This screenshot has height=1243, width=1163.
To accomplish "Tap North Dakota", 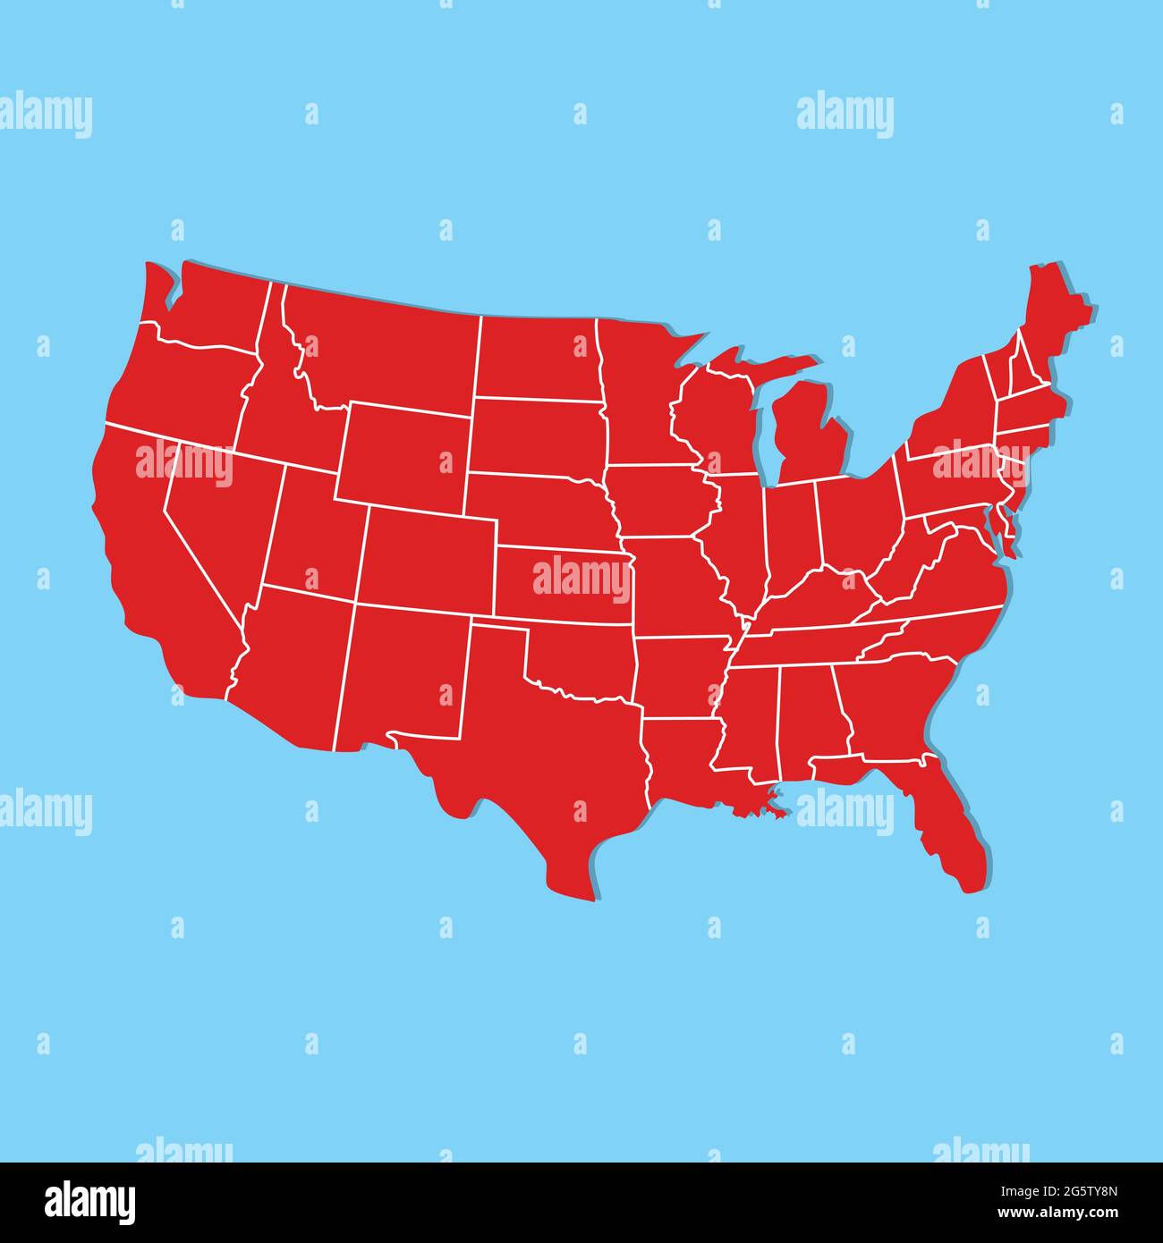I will pyautogui.click(x=537, y=358).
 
